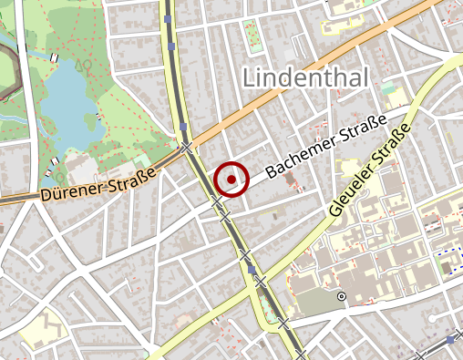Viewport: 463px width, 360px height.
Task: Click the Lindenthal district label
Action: click(x=305, y=77)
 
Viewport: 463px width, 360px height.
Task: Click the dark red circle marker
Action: click(x=231, y=180)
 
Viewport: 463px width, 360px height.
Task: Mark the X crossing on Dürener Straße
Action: click(x=186, y=147)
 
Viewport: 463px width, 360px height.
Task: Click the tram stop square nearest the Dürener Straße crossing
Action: click(x=182, y=127)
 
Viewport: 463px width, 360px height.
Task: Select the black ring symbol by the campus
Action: click(x=342, y=296)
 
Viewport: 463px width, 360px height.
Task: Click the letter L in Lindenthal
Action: click(x=251, y=77)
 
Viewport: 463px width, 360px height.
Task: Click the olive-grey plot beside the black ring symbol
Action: click(x=314, y=301)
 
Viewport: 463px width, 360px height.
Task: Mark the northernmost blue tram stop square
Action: click(x=169, y=18)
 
